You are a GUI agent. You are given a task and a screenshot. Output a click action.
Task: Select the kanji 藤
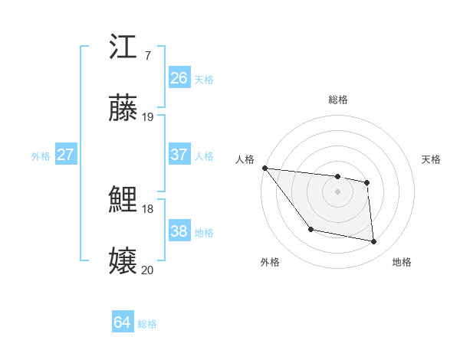tap(123, 109)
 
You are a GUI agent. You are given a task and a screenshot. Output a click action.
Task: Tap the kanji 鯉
tap(123, 200)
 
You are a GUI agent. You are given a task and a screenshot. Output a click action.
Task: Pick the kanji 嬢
tap(123, 260)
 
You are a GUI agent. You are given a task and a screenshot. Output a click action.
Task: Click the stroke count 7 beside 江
tap(147, 56)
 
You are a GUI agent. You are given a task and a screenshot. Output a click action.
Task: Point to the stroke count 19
tap(148, 117)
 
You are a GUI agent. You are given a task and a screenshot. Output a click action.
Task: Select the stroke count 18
tap(148, 208)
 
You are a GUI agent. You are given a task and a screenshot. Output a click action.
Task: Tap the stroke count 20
tap(148, 269)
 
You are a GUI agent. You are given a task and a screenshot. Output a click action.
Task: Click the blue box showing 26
tap(179, 77)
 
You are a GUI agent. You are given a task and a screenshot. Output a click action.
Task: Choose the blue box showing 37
tap(179, 155)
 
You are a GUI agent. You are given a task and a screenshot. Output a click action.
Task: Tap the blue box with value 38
tap(179, 231)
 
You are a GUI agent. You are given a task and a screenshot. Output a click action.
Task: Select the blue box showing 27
tap(65, 155)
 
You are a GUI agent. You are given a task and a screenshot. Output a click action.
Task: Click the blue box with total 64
tap(122, 322)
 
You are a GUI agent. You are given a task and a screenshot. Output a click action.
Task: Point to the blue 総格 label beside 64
tap(147, 324)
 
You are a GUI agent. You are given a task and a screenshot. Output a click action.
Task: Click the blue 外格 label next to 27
tap(41, 156)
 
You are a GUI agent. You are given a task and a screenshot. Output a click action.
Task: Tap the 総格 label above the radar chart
tap(337, 100)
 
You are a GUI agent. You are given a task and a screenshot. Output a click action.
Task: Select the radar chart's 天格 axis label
tap(432, 159)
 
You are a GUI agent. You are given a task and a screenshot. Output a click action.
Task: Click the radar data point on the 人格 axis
tap(264, 168)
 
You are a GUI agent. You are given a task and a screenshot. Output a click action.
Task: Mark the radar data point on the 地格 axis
tap(374, 242)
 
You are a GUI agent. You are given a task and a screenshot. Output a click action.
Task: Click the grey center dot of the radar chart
tap(337, 191)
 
